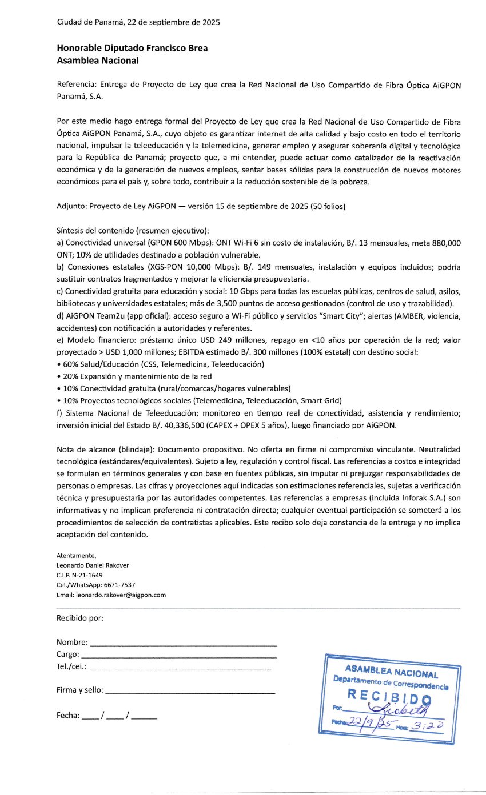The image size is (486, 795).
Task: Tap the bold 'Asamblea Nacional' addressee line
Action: coord(98,60)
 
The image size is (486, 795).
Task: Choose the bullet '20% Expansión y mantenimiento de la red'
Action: coord(134,376)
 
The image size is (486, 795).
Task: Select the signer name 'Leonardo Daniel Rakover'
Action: coord(93,565)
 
